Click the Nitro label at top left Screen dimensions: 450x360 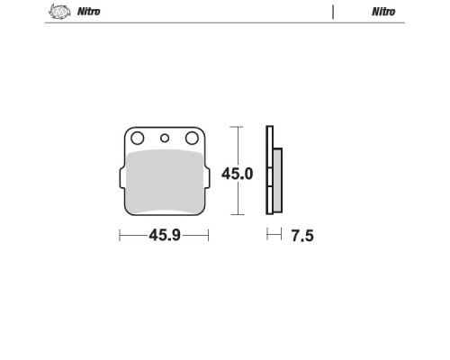click(89, 12)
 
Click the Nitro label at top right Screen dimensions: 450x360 click(383, 12)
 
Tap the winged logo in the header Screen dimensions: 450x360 click(59, 12)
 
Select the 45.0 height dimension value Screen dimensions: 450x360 click(238, 174)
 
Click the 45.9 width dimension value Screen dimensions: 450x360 click(165, 235)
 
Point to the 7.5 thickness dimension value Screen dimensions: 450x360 click(302, 236)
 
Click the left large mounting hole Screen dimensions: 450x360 click(138, 139)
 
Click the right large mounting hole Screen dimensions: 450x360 click(192, 139)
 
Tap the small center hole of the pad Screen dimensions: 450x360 click(165, 139)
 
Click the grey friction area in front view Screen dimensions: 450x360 click(165, 182)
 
